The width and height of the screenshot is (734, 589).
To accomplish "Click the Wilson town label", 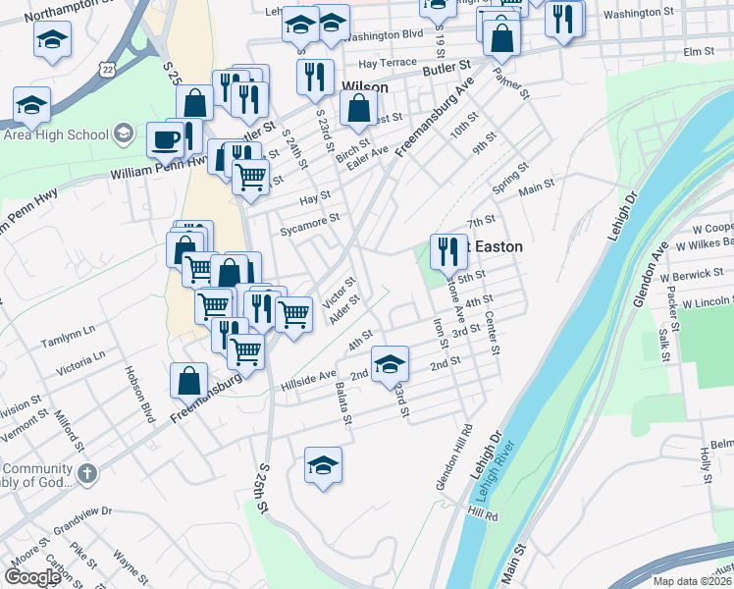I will pyautogui.click(x=364, y=87).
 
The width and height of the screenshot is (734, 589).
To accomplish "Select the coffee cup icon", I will pyautogui.click(x=164, y=138).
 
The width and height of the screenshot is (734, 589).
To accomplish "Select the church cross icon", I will pyautogui.click(x=86, y=474).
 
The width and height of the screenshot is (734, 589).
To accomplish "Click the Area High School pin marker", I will pyautogui.click(x=124, y=134).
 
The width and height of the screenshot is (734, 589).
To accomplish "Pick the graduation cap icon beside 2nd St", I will pyautogui.click(x=390, y=365).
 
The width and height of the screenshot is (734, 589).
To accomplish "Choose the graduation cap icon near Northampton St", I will pyautogui.click(x=52, y=40).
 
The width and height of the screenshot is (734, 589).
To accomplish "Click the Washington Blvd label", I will pyautogui.click(x=384, y=34).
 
